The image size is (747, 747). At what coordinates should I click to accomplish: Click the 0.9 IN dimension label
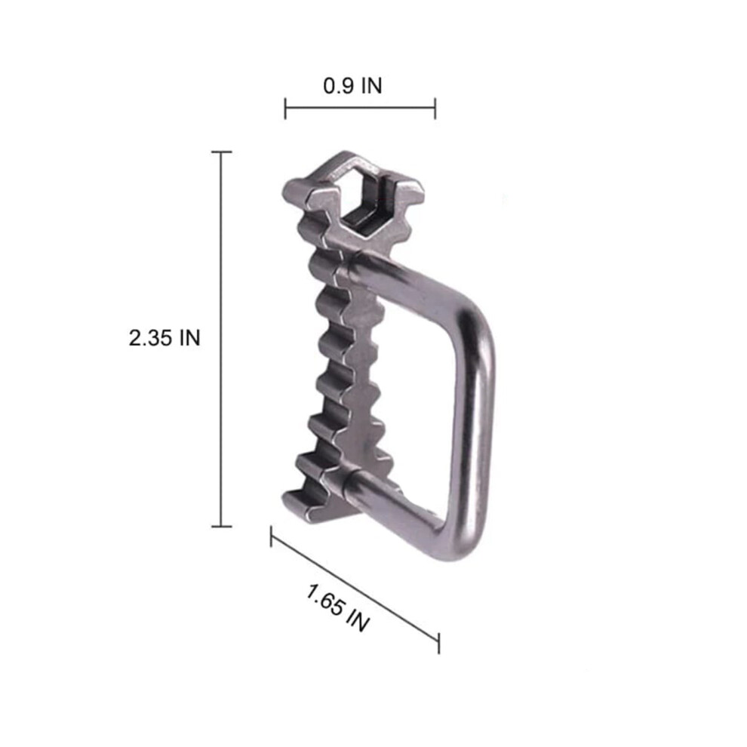[352, 86]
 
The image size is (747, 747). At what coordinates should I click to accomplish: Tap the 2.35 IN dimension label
[164, 338]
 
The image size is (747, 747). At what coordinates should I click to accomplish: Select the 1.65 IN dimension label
[337, 608]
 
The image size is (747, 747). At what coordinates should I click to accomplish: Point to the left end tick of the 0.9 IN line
[285, 108]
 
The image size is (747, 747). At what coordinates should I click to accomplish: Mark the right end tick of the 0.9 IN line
[435, 108]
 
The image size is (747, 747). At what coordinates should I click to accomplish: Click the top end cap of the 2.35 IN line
[222, 152]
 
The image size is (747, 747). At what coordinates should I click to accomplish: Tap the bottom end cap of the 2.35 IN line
[222, 527]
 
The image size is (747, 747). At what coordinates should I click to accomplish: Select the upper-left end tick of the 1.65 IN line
[271, 536]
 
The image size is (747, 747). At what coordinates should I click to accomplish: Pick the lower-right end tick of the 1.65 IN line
[438, 644]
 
